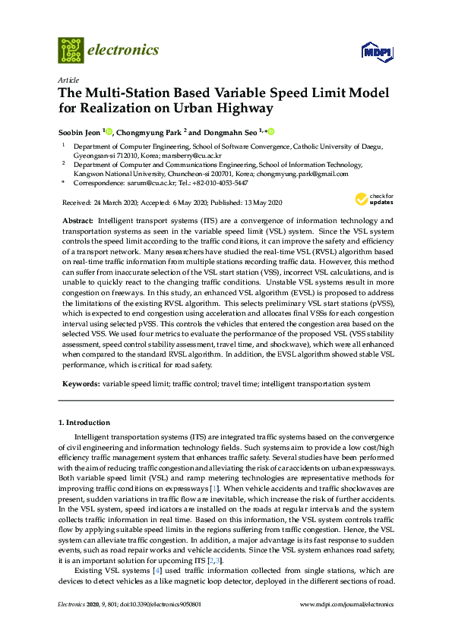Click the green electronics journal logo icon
(71, 49)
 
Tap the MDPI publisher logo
(375, 52)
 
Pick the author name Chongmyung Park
(149, 131)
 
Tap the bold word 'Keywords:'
(80, 385)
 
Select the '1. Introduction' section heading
(84, 422)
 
